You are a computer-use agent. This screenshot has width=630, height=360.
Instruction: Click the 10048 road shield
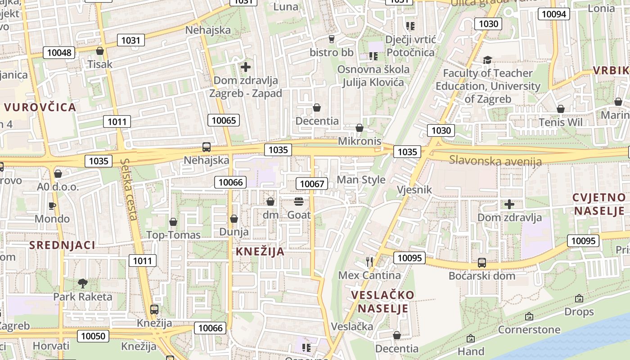[59, 53]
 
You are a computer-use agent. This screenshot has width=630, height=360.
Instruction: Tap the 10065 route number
[224, 120]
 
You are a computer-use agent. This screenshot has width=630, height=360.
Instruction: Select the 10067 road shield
[312, 184]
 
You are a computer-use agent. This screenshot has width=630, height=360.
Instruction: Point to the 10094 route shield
[554, 14]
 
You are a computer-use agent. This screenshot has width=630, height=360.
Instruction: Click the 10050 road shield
[94, 336]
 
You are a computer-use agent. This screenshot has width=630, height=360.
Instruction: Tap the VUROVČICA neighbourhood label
[40, 108]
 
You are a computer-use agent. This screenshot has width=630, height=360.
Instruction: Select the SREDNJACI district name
[62, 245]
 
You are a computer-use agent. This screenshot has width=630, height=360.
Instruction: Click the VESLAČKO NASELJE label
[382, 301]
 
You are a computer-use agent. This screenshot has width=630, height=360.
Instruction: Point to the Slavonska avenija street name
[495, 160]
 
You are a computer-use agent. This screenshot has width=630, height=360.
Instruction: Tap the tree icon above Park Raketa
[82, 283]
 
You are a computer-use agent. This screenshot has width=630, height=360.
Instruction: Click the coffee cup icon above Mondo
[52, 206]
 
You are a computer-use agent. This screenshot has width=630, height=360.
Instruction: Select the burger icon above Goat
[299, 201]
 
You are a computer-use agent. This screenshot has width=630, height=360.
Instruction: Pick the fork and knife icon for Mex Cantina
[369, 261]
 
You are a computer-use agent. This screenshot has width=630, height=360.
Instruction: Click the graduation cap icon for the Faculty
[487, 60]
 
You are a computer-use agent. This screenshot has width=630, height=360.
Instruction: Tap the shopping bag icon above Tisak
[100, 50]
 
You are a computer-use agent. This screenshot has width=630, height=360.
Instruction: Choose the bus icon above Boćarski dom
[481, 262]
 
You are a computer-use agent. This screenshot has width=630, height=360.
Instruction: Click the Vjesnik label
[414, 190]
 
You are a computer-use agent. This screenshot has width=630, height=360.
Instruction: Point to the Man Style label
[361, 180]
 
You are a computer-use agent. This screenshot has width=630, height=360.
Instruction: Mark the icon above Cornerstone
[529, 316]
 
